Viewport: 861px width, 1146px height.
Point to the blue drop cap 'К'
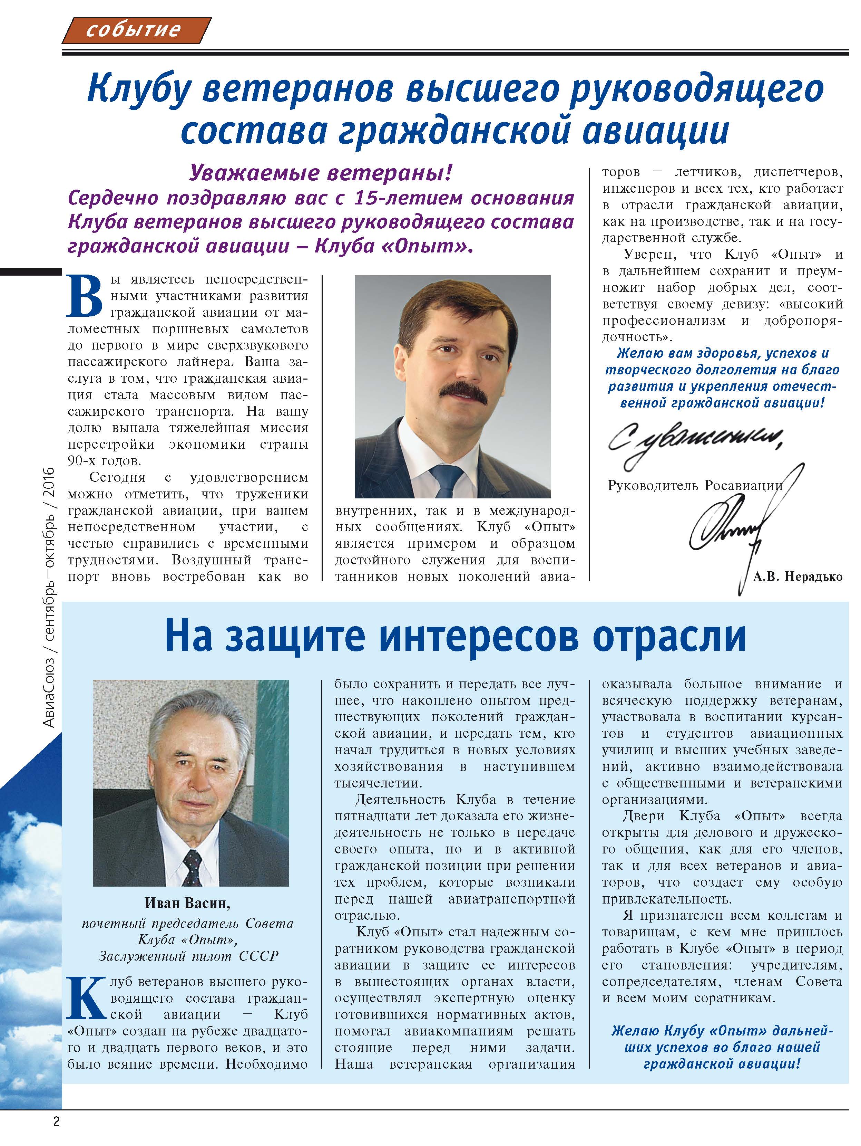click(86, 997)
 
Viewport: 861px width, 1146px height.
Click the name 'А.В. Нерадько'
click(797, 577)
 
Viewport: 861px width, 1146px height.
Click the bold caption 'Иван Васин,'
click(187, 903)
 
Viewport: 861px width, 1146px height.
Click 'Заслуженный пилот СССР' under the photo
click(188, 956)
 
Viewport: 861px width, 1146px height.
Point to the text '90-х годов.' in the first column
click(104, 461)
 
